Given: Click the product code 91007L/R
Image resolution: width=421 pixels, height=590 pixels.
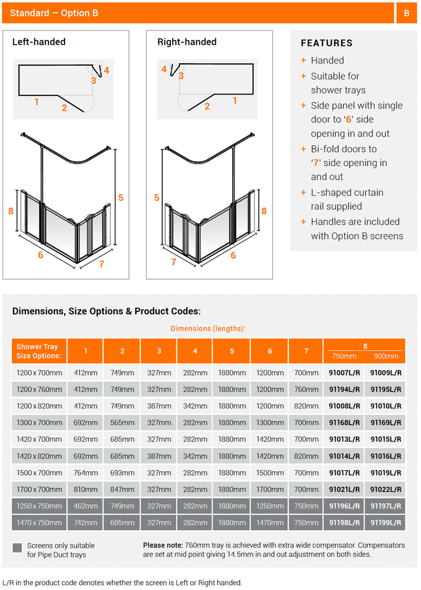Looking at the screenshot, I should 344,372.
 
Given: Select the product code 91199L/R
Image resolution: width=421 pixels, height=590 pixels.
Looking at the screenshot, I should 385,522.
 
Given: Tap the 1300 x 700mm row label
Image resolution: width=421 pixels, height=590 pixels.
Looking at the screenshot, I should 39,422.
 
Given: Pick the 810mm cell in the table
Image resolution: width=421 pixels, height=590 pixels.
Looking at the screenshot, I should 85,489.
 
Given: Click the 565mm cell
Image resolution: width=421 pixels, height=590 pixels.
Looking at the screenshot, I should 122,422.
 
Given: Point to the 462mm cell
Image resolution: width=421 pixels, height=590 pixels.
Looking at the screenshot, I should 85,506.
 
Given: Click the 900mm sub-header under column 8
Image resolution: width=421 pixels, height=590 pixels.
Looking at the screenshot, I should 385,356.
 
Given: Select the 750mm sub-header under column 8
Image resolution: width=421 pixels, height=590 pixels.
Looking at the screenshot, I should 344,356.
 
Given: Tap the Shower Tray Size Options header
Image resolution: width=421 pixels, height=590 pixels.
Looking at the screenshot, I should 39,351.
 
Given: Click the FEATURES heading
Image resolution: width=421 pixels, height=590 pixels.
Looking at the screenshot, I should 326,43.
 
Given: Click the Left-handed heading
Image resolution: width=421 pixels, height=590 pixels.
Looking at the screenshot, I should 39,42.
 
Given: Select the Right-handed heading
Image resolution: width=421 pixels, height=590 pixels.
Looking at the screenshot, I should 187,42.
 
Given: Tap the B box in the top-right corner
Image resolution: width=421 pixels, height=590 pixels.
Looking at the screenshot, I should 406,13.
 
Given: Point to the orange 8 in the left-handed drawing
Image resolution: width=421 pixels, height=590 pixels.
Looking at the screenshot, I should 11,211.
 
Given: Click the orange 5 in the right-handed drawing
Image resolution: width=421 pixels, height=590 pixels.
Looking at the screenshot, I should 157,198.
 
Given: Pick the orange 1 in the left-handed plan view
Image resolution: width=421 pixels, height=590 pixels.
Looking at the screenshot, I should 37,102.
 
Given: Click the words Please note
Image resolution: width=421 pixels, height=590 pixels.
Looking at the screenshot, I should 163,545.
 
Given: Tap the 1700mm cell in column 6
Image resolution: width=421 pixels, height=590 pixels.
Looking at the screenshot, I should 269,489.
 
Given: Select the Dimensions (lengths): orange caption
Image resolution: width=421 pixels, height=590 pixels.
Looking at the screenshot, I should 208,329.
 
